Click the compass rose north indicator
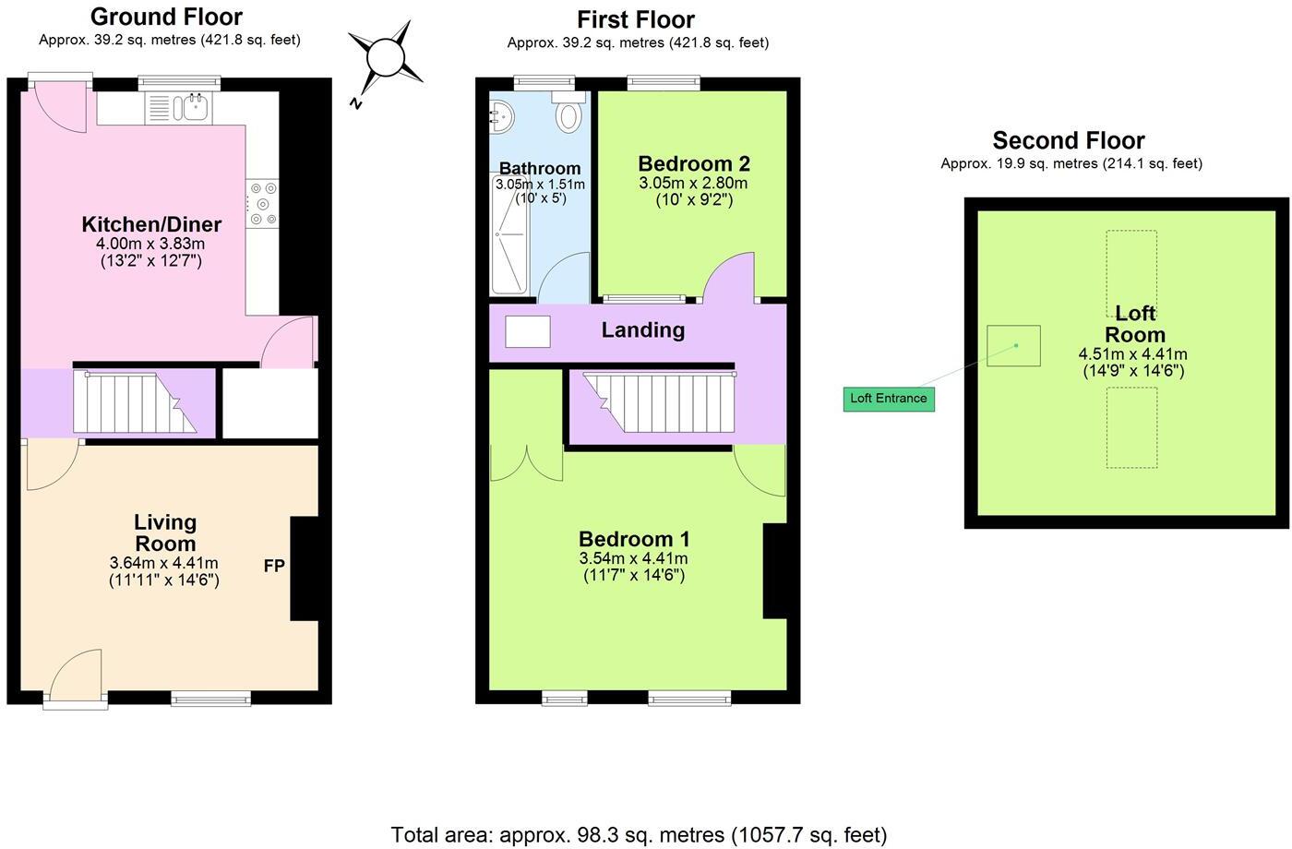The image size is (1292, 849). click(x=385, y=58)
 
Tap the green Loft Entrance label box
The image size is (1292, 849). click(x=889, y=399)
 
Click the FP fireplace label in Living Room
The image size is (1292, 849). click(x=274, y=566)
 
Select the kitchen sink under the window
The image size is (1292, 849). click(x=195, y=108)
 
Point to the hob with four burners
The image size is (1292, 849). click(x=263, y=204)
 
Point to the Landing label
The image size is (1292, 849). click(x=642, y=330)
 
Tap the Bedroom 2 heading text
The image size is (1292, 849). click(x=694, y=163)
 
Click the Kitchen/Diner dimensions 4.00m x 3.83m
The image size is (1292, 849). click(x=150, y=244)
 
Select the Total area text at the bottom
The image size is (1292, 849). click(x=639, y=835)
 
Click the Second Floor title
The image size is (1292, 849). click(x=1068, y=140)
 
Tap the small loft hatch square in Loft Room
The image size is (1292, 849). click(x=1013, y=346)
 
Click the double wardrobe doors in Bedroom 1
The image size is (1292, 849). click(x=526, y=463)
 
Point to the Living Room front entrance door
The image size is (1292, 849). click(x=76, y=677)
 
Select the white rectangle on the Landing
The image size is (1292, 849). click(x=528, y=331)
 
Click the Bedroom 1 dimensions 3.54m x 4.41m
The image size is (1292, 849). click(x=633, y=558)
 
